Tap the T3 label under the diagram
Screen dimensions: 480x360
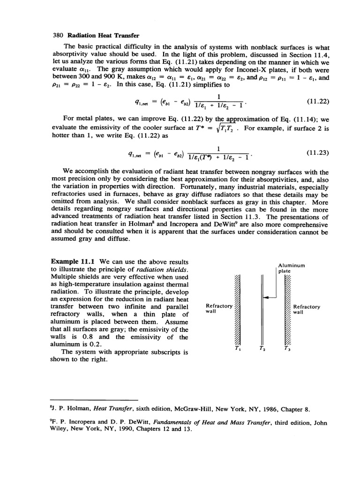click(287, 349)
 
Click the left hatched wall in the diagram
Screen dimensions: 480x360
click(237, 309)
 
